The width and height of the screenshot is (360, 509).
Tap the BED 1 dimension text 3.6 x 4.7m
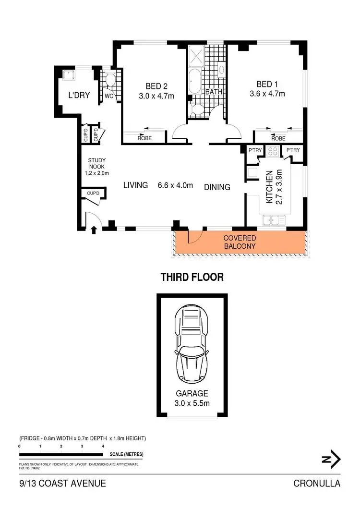pos(267,94)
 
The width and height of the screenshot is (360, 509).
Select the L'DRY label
pos(79,95)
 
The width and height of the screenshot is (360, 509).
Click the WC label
pos(109,95)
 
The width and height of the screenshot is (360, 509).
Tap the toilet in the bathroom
pos(197,111)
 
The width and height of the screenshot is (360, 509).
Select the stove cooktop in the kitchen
pos(273,151)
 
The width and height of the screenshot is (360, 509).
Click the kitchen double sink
pos(274,221)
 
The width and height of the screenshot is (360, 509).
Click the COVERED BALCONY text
pos(240,242)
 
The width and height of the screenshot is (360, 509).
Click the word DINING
pos(217,187)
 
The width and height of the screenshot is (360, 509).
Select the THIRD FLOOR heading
pos(192,277)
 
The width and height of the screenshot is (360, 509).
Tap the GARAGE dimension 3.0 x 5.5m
pos(192,403)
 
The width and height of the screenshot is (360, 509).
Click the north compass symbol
pos(331,459)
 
